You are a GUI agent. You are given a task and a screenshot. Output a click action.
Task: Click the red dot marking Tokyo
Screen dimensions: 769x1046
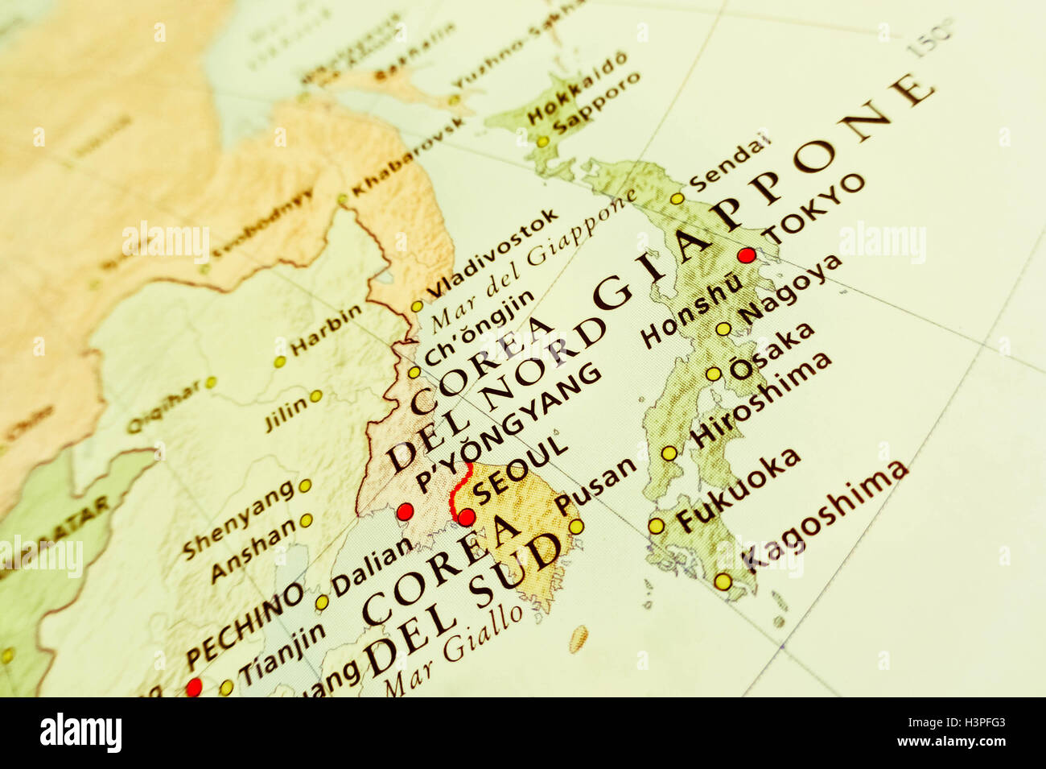click(746, 255)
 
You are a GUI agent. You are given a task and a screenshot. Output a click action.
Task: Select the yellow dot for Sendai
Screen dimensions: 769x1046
click(677, 198)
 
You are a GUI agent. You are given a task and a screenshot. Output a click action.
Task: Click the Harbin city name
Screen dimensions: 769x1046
click(326, 330)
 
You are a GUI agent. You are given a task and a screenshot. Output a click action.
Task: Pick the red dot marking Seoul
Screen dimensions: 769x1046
click(466, 517)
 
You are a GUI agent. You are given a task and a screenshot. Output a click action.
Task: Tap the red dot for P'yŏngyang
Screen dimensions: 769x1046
click(405, 511)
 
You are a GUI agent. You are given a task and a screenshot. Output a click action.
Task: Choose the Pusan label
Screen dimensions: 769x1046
click(595, 489)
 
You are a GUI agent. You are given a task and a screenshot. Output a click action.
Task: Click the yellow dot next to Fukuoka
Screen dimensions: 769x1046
click(657, 526)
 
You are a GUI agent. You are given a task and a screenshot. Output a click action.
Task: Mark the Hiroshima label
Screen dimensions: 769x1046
click(760, 399)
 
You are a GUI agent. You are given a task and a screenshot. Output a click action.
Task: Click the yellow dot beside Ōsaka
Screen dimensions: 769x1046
click(713, 374)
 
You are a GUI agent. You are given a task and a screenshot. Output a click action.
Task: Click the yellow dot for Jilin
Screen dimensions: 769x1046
click(316, 395)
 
